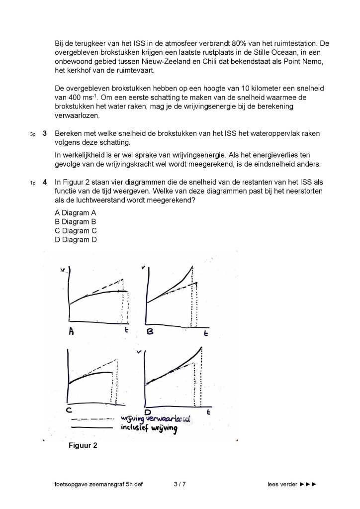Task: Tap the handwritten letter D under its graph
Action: click(148, 412)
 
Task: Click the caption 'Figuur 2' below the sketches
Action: click(83, 445)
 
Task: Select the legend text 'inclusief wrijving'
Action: click(149, 428)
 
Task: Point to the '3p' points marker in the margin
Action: click(33, 134)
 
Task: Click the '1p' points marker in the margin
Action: click(33, 183)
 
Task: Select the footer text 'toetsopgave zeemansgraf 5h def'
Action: click(99, 484)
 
